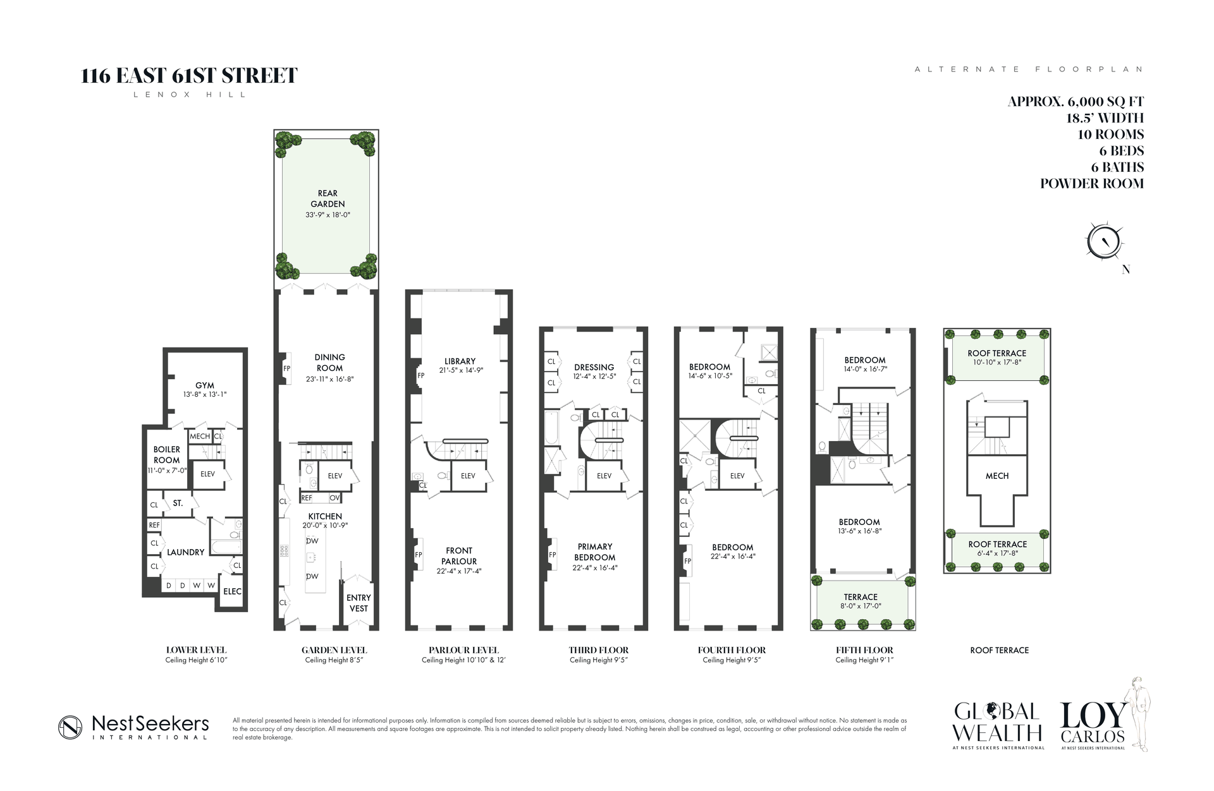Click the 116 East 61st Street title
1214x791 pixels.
pos(189,76)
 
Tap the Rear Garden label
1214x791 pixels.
pos(328,198)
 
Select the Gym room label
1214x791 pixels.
pos(204,385)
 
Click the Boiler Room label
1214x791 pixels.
pos(166,455)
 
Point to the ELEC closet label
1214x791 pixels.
pos(232,591)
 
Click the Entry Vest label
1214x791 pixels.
pos(359,603)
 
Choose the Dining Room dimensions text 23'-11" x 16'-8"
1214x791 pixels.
pos(329,379)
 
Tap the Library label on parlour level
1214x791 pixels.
pos(460,361)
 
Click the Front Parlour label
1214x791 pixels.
pos(459,556)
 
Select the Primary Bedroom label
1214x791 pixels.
pos(594,552)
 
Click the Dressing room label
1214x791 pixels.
pos(594,367)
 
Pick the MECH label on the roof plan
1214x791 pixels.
pos(997,476)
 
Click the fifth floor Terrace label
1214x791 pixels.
pos(861,596)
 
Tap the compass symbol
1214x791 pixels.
pos(1104,242)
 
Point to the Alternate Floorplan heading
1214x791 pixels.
pos(1029,69)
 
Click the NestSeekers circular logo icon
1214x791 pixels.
pos(70,727)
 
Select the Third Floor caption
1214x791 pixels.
pos(598,649)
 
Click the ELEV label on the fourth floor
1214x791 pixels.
pos(737,476)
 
